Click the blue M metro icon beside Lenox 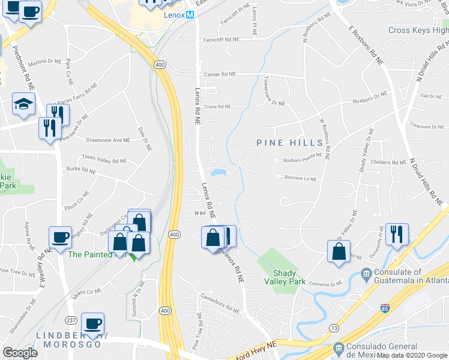coord(190,14)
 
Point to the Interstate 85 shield coord(384,308)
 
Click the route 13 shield coord(334,328)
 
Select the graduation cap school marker coord(23,104)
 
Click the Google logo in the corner coord(20,353)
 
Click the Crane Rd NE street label coord(217,106)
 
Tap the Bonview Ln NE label coord(296,177)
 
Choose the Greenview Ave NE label coord(108,140)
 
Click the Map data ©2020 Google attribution coord(412,355)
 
